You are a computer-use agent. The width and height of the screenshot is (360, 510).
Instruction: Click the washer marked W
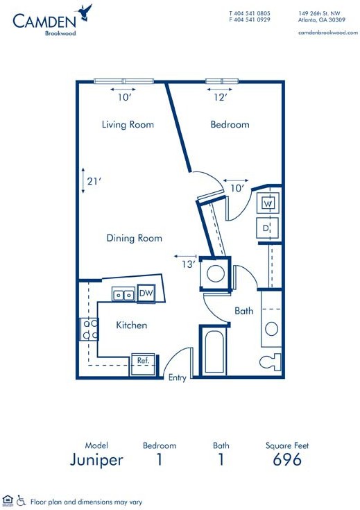(268, 203)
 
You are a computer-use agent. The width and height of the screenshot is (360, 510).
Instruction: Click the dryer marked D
(267, 228)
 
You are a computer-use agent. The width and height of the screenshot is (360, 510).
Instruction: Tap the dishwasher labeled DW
(146, 294)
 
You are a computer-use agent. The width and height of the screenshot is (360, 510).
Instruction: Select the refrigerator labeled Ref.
(143, 364)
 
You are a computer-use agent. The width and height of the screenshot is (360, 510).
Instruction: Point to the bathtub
(214, 351)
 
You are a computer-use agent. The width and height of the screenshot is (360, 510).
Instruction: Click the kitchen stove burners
(89, 329)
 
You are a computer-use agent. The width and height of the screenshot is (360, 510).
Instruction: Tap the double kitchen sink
(123, 295)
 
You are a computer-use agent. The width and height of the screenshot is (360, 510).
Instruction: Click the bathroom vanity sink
(271, 328)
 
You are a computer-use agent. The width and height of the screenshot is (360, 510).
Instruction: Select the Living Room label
(128, 125)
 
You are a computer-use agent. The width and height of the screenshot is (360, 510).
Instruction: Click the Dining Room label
(135, 238)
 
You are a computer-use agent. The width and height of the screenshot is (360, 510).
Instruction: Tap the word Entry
(178, 377)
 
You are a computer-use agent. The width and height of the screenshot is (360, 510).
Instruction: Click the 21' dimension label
(94, 181)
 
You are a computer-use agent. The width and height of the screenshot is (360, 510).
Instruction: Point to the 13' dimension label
(189, 264)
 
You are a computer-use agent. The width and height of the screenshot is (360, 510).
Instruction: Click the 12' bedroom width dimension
(220, 97)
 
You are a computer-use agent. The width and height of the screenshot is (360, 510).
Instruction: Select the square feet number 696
(287, 459)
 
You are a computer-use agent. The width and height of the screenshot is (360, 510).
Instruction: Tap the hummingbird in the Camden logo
(85, 12)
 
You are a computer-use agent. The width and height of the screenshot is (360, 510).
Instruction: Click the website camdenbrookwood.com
(328, 33)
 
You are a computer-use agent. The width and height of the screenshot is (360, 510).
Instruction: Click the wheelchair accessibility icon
(21, 500)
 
